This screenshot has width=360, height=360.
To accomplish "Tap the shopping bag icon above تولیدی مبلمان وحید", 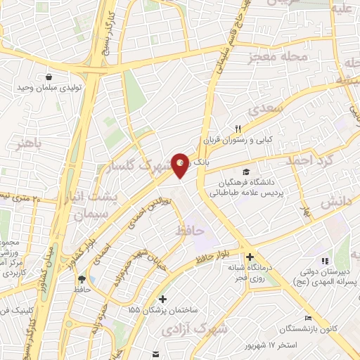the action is [49, 77].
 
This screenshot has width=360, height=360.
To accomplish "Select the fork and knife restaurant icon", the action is [238, 128].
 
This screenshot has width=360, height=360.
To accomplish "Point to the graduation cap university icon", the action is [245, 172].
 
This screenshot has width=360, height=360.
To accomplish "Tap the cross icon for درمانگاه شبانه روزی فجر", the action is [250, 257].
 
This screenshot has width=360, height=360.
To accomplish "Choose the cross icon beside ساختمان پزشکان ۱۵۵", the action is [163, 298].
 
